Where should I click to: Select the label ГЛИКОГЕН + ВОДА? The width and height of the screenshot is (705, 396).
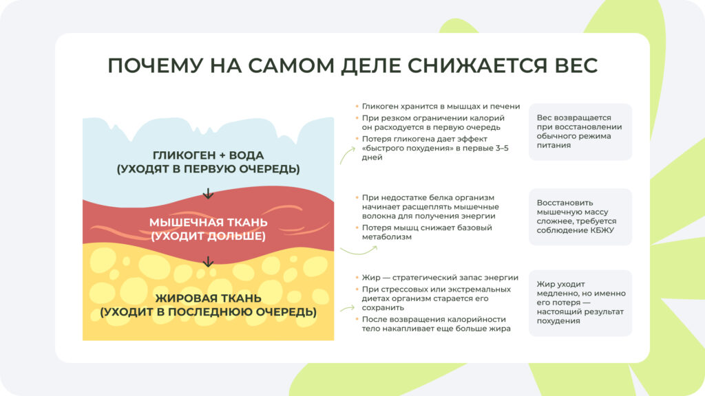tap(208, 155)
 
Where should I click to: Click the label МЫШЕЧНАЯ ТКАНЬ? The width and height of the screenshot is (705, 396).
tap(209, 223)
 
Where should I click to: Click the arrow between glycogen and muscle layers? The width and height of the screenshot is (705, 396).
tap(208, 194)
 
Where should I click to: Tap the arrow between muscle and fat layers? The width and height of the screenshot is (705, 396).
tap(208, 261)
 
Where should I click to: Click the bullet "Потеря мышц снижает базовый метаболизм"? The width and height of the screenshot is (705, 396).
tap(427, 232)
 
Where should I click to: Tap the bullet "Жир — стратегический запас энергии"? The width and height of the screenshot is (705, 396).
tap(440, 278)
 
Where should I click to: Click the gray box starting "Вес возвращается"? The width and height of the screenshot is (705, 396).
tap(580, 131)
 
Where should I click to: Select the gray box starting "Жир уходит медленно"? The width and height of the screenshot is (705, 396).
tap(580, 302)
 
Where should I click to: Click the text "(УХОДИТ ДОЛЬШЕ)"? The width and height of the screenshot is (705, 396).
tap(208, 236)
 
